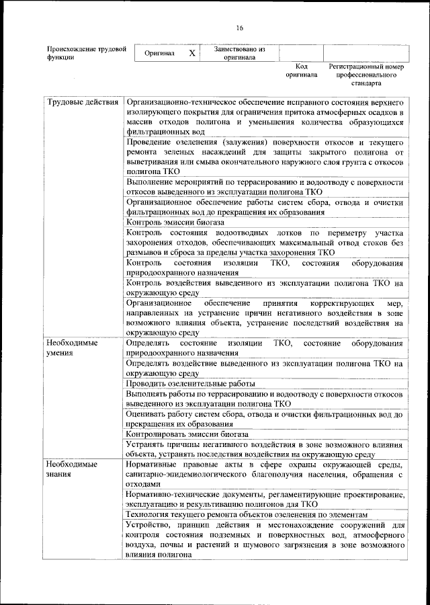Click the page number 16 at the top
pyautogui.click(x=239, y=28)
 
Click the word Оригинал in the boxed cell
pyautogui.click(x=160, y=53)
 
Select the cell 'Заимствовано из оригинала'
pyautogui.click(x=239, y=53)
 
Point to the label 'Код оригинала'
pyautogui.click(x=301, y=71)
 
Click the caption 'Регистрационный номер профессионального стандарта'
pyautogui.click(x=365, y=75)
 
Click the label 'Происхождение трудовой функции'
pyautogui.click(x=86, y=53)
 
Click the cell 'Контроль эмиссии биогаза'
pyautogui.click(x=172, y=223)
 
